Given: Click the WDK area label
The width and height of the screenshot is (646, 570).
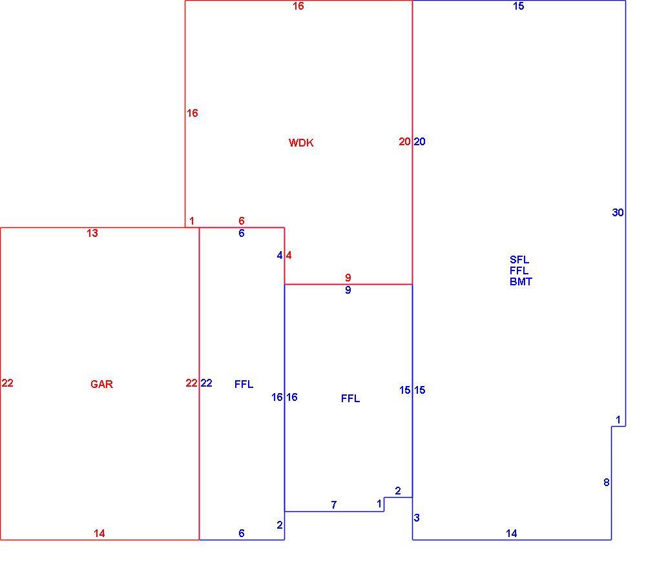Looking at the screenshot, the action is [x=301, y=143].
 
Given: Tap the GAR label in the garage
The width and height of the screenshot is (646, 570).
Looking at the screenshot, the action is [x=101, y=384].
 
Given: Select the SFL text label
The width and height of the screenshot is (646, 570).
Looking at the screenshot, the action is [x=519, y=260].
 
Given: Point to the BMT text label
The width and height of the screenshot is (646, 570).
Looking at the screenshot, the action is [x=521, y=281].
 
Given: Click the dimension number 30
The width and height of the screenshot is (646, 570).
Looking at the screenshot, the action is [x=618, y=212].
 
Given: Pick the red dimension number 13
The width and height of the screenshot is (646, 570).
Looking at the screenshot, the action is [x=92, y=233].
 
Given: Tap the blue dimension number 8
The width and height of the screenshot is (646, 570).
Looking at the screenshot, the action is [x=606, y=482].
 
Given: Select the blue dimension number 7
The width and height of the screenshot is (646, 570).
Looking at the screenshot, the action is [x=334, y=505].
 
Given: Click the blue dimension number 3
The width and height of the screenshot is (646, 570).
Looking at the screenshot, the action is [x=417, y=518].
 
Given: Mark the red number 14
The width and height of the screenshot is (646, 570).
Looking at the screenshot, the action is [x=99, y=533].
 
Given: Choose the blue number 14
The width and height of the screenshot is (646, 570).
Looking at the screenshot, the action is [x=511, y=533].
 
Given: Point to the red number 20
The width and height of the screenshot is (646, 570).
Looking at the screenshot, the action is [x=404, y=141].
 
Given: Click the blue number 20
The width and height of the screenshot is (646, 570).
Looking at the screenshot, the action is [x=419, y=141].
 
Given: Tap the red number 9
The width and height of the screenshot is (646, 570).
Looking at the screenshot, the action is [x=348, y=278].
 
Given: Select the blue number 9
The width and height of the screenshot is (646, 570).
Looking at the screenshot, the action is [x=348, y=290].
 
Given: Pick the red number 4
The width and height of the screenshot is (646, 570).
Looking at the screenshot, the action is [x=289, y=256].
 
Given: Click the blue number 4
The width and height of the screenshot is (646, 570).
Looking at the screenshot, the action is [x=280, y=256].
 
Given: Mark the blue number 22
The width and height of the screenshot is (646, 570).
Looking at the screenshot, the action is [x=207, y=383].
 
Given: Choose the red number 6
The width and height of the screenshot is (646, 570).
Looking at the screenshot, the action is [x=242, y=221].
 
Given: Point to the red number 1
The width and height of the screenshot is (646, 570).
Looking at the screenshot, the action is [x=192, y=221].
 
